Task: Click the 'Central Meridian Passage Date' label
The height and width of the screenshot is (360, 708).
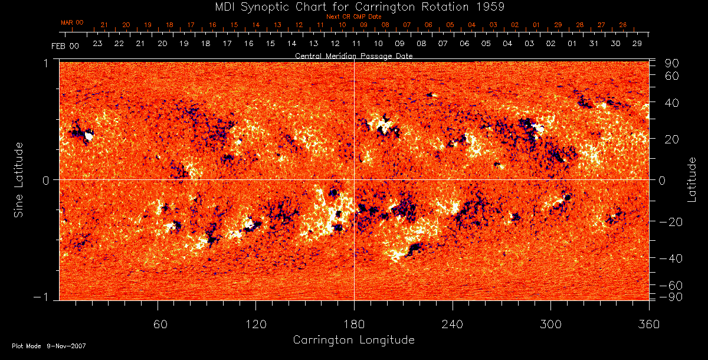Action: point(353,55)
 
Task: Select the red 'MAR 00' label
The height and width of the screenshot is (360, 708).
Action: point(72,22)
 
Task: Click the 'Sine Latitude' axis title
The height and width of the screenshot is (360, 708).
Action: point(19,179)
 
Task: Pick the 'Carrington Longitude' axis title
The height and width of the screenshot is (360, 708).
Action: point(353,340)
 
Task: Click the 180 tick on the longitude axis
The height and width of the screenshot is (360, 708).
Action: point(354,324)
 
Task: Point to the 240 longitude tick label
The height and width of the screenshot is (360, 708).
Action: point(453,324)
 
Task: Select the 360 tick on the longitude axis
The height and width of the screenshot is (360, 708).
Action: point(648,324)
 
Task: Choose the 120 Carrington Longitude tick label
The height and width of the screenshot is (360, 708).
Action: point(256,324)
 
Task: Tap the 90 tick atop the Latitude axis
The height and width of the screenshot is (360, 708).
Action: point(673,63)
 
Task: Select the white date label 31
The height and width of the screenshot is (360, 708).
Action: point(593,44)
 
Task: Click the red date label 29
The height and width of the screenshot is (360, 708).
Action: point(558,25)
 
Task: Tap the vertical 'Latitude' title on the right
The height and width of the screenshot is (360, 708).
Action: point(691,179)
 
